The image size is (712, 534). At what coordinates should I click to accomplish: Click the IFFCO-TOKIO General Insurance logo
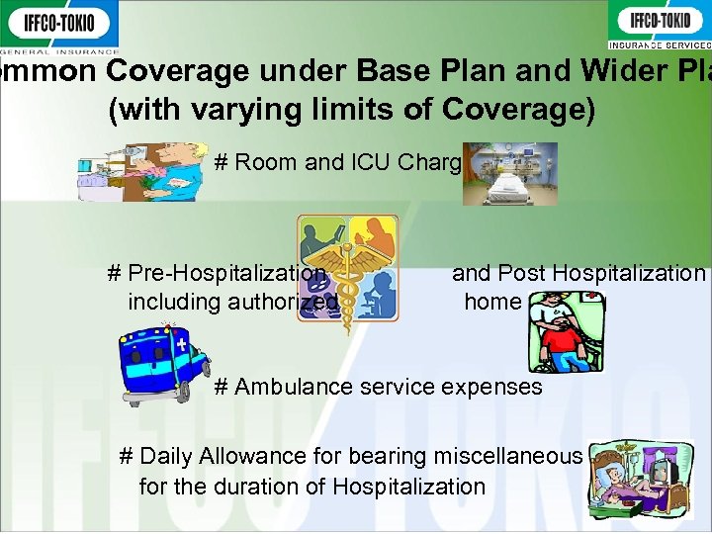[x=59, y=26]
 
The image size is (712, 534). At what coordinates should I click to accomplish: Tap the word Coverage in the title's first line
[x=186, y=72]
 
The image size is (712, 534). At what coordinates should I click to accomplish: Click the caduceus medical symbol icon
[x=348, y=272]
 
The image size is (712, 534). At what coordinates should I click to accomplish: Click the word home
[x=492, y=301]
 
